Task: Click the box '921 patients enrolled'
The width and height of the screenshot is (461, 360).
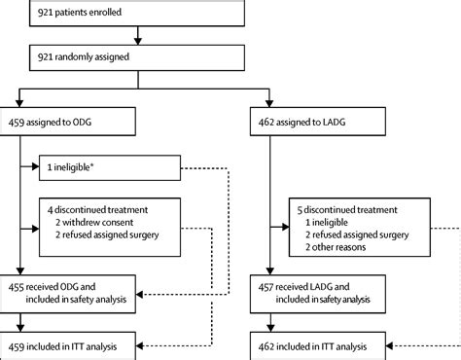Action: coord(136,12)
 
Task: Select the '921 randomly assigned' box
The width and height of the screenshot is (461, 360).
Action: coord(136,57)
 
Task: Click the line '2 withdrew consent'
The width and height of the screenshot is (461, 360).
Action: coord(98,220)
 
